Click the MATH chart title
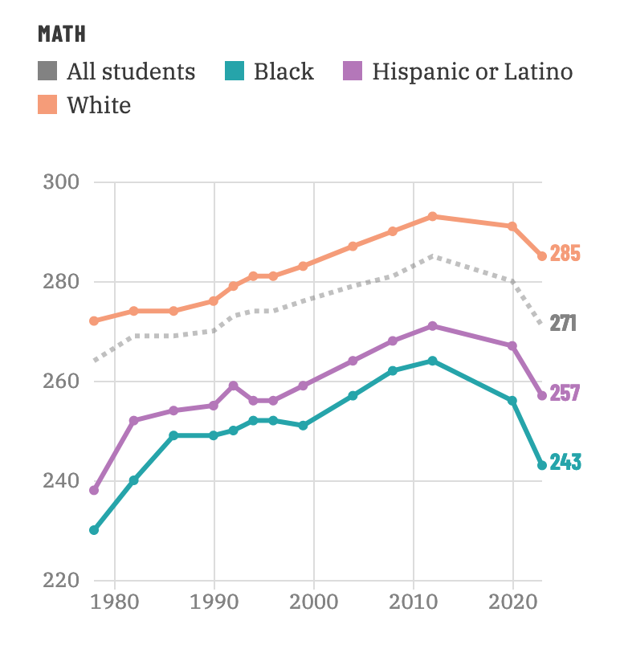click(62, 34)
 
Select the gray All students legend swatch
click(47, 71)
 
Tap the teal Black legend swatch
click(235, 71)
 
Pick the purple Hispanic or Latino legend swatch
click(353, 71)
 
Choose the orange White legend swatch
click(47, 104)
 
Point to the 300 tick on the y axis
click(61, 182)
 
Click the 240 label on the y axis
click(61, 481)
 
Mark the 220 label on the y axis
click(61, 580)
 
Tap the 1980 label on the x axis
click(115, 602)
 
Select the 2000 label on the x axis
click(314, 602)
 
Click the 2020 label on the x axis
click(513, 602)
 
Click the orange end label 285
click(565, 253)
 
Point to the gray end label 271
click(563, 323)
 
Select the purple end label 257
click(565, 393)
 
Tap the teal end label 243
click(565, 462)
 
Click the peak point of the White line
click(433, 217)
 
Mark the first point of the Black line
click(94, 530)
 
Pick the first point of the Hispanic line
click(94, 491)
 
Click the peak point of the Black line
click(433, 361)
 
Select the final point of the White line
click(542, 256)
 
